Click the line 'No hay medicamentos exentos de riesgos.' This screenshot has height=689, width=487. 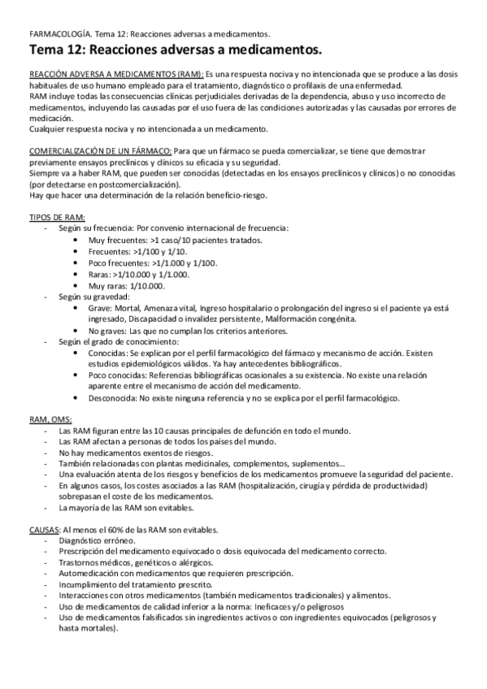(x=134, y=452)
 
